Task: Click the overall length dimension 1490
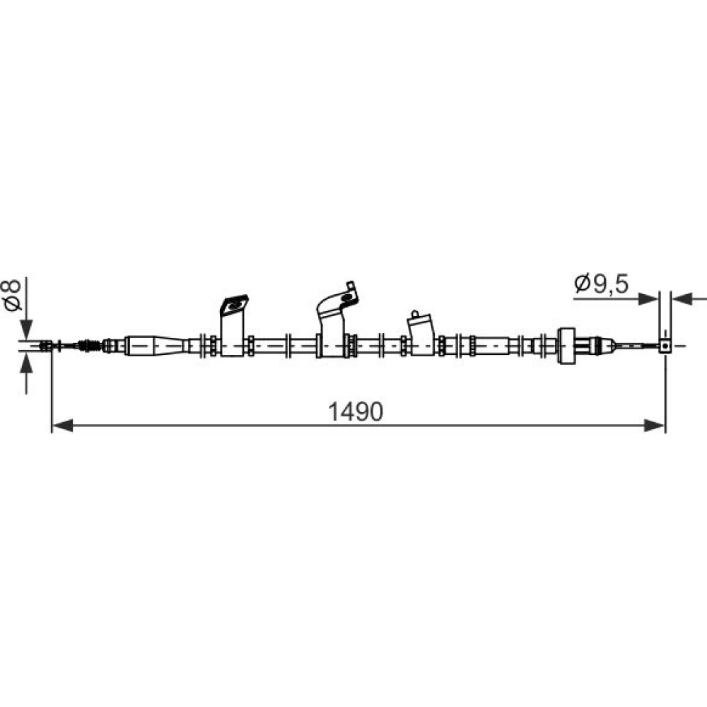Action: pos(356,411)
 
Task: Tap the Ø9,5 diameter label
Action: pos(602,284)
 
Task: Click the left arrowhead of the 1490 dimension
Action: pos(63,425)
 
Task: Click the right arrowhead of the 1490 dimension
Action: pos(655,425)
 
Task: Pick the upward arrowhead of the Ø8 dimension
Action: pos(27,363)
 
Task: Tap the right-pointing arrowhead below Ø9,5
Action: pos(648,298)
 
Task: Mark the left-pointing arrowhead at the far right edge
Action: pos(682,298)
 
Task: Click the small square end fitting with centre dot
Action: pos(665,346)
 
